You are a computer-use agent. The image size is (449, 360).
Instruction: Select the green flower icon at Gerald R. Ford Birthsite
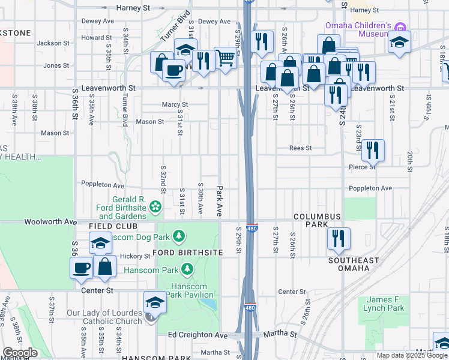pyautogui.click(x=155, y=208)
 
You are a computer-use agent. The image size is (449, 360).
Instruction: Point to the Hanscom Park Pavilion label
pyautogui.click(x=190, y=290)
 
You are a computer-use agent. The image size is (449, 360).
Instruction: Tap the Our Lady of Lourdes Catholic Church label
pyautogui.click(x=104, y=317)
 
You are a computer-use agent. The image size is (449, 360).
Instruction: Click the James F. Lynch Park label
pyautogui.click(x=384, y=304)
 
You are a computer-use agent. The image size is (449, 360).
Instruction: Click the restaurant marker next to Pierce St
pyautogui.click(x=373, y=150)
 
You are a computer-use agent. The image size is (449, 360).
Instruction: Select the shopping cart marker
pyautogui.click(x=225, y=58)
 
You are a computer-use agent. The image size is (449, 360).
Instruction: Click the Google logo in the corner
pyautogui.click(x=20, y=353)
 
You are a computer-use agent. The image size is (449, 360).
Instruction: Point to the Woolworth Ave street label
pyautogui.click(x=47, y=222)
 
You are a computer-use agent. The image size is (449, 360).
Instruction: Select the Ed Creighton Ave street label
pyautogui.click(x=197, y=335)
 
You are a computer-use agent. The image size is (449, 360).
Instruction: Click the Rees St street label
pyautogui.click(x=300, y=148)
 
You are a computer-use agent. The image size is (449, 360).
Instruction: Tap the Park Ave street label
pyautogui.click(x=220, y=200)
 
